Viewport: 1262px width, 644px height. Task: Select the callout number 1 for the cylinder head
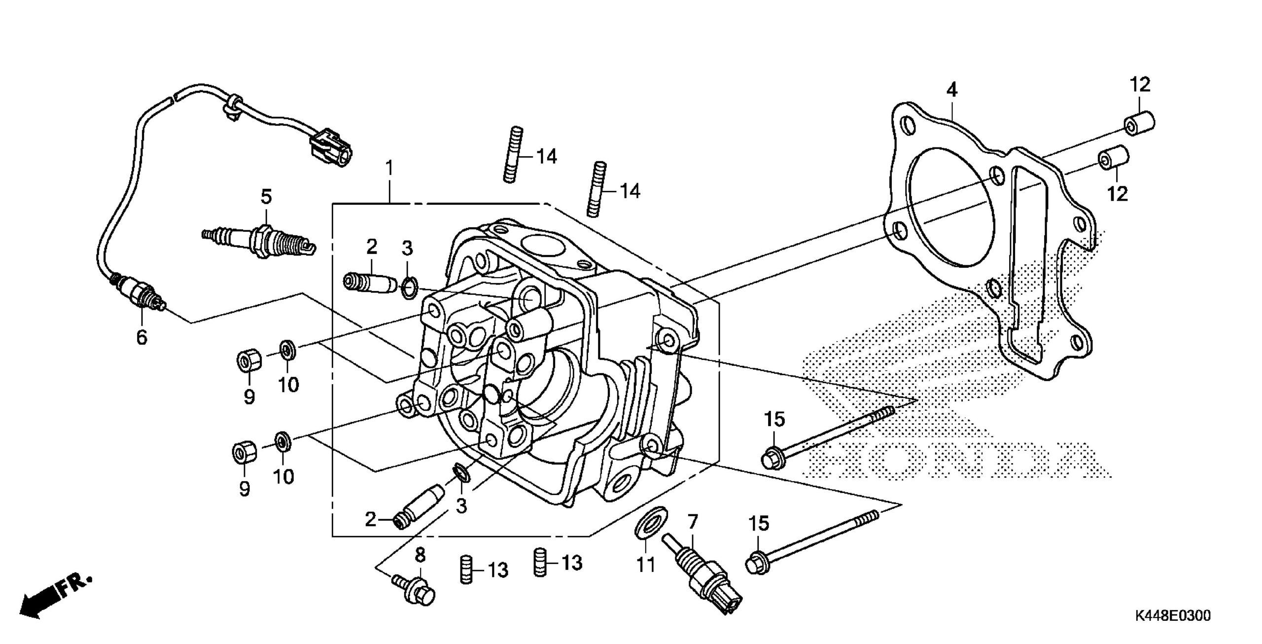pyautogui.click(x=389, y=169)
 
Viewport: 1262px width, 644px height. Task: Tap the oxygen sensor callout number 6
pyautogui.click(x=141, y=338)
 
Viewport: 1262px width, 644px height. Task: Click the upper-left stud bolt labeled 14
pyautogui.click(x=513, y=154)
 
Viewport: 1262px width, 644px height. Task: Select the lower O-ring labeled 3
pyautogui.click(x=462, y=473)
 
